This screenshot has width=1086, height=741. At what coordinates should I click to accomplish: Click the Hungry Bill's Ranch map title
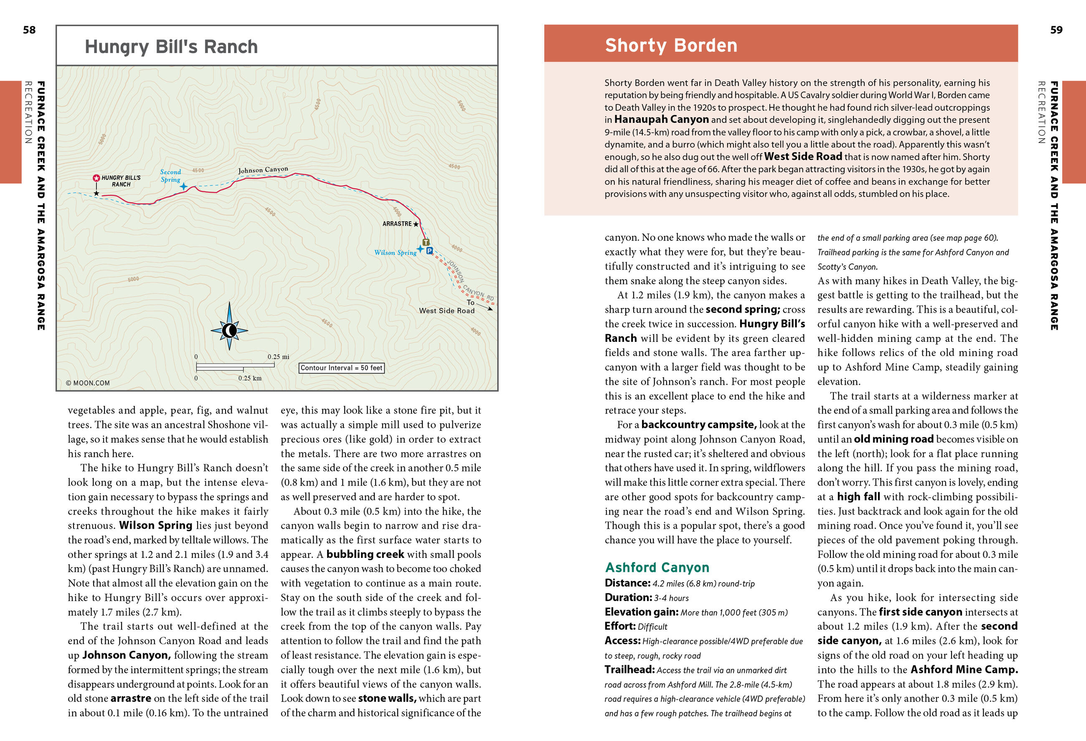[x=171, y=47]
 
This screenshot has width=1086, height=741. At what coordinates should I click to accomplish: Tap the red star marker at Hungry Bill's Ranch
[x=96, y=178]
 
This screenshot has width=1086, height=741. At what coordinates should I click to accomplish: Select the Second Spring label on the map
[x=170, y=176]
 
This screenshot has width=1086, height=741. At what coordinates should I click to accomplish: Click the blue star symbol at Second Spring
[x=184, y=186]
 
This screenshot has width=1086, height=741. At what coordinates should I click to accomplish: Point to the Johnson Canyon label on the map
[x=263, y=170]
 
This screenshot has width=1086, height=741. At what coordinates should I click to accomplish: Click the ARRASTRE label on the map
[x=397, y=224]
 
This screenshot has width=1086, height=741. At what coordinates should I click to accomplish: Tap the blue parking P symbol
[x=429, y=251]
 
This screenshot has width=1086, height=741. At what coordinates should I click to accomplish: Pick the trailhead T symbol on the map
[x=426, y=242]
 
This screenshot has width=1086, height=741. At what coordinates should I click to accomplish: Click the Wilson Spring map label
[x=395, y=253]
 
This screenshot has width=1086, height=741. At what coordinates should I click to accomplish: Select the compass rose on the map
[x=229, y=331]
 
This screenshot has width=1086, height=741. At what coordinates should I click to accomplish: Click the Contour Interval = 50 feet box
[x=341, y=368]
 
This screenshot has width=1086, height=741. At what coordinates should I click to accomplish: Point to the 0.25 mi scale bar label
[x=278, y=357]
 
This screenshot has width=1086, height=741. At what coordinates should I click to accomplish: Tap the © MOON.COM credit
[x=88, y=383]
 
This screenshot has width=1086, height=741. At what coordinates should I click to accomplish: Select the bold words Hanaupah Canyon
[x=661, y=120]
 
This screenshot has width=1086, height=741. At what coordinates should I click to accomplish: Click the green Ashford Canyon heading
[x=657, y=567]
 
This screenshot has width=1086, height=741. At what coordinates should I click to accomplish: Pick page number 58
[x=29, y=30]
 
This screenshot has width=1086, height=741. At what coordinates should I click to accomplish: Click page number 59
[x=1056, y=30]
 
